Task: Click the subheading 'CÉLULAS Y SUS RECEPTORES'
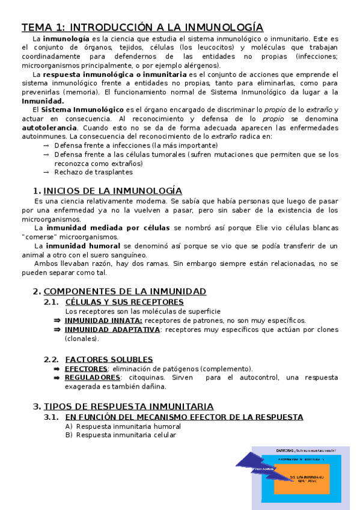[x=124, y=302]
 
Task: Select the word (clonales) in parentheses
[x=82, y=339]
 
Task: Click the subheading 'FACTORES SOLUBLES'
[x=109, y=359]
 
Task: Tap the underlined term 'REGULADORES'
[x=93, y=377]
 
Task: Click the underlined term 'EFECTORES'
[x=86, y=368]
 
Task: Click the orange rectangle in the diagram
[x=301, y=478]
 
